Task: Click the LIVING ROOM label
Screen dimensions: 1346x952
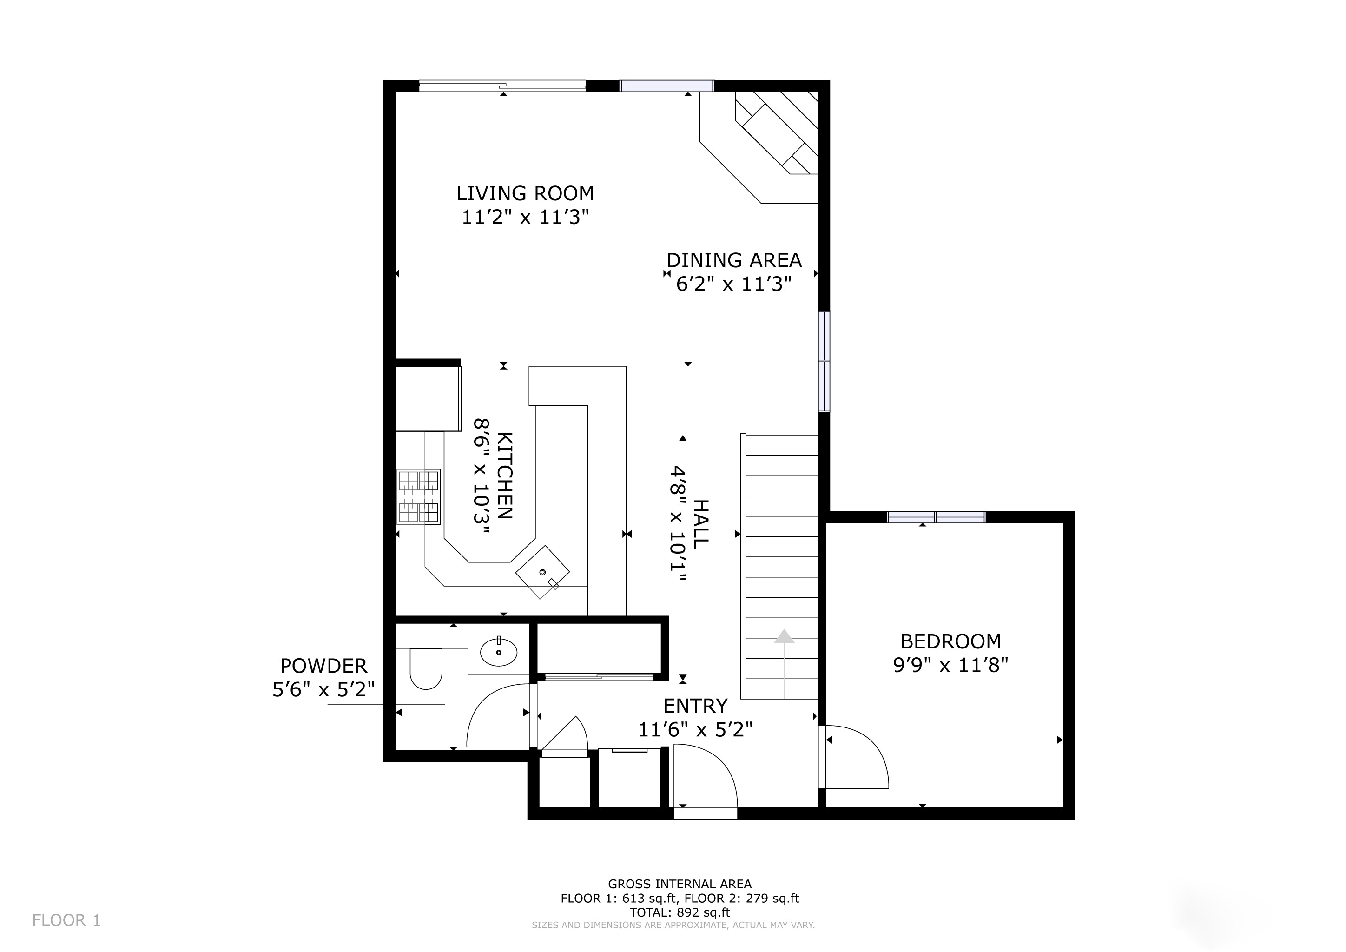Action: (x=525, y=193)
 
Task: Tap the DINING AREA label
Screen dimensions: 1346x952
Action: (x=734, y=260)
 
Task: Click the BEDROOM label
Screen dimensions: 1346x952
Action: (x=950, y=641)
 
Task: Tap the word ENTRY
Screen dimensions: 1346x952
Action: (x=695, y=705)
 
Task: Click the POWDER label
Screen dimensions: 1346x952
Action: (x=323, y=666)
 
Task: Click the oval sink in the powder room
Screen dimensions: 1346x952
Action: (x=499, y=651)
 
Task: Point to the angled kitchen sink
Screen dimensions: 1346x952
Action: (x=542, y=572)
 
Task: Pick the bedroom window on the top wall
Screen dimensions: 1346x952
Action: (x=936, y=517)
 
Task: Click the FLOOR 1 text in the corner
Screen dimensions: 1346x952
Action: (x=66, y=920)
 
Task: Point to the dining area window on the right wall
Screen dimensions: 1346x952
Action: (x=824, y=361)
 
